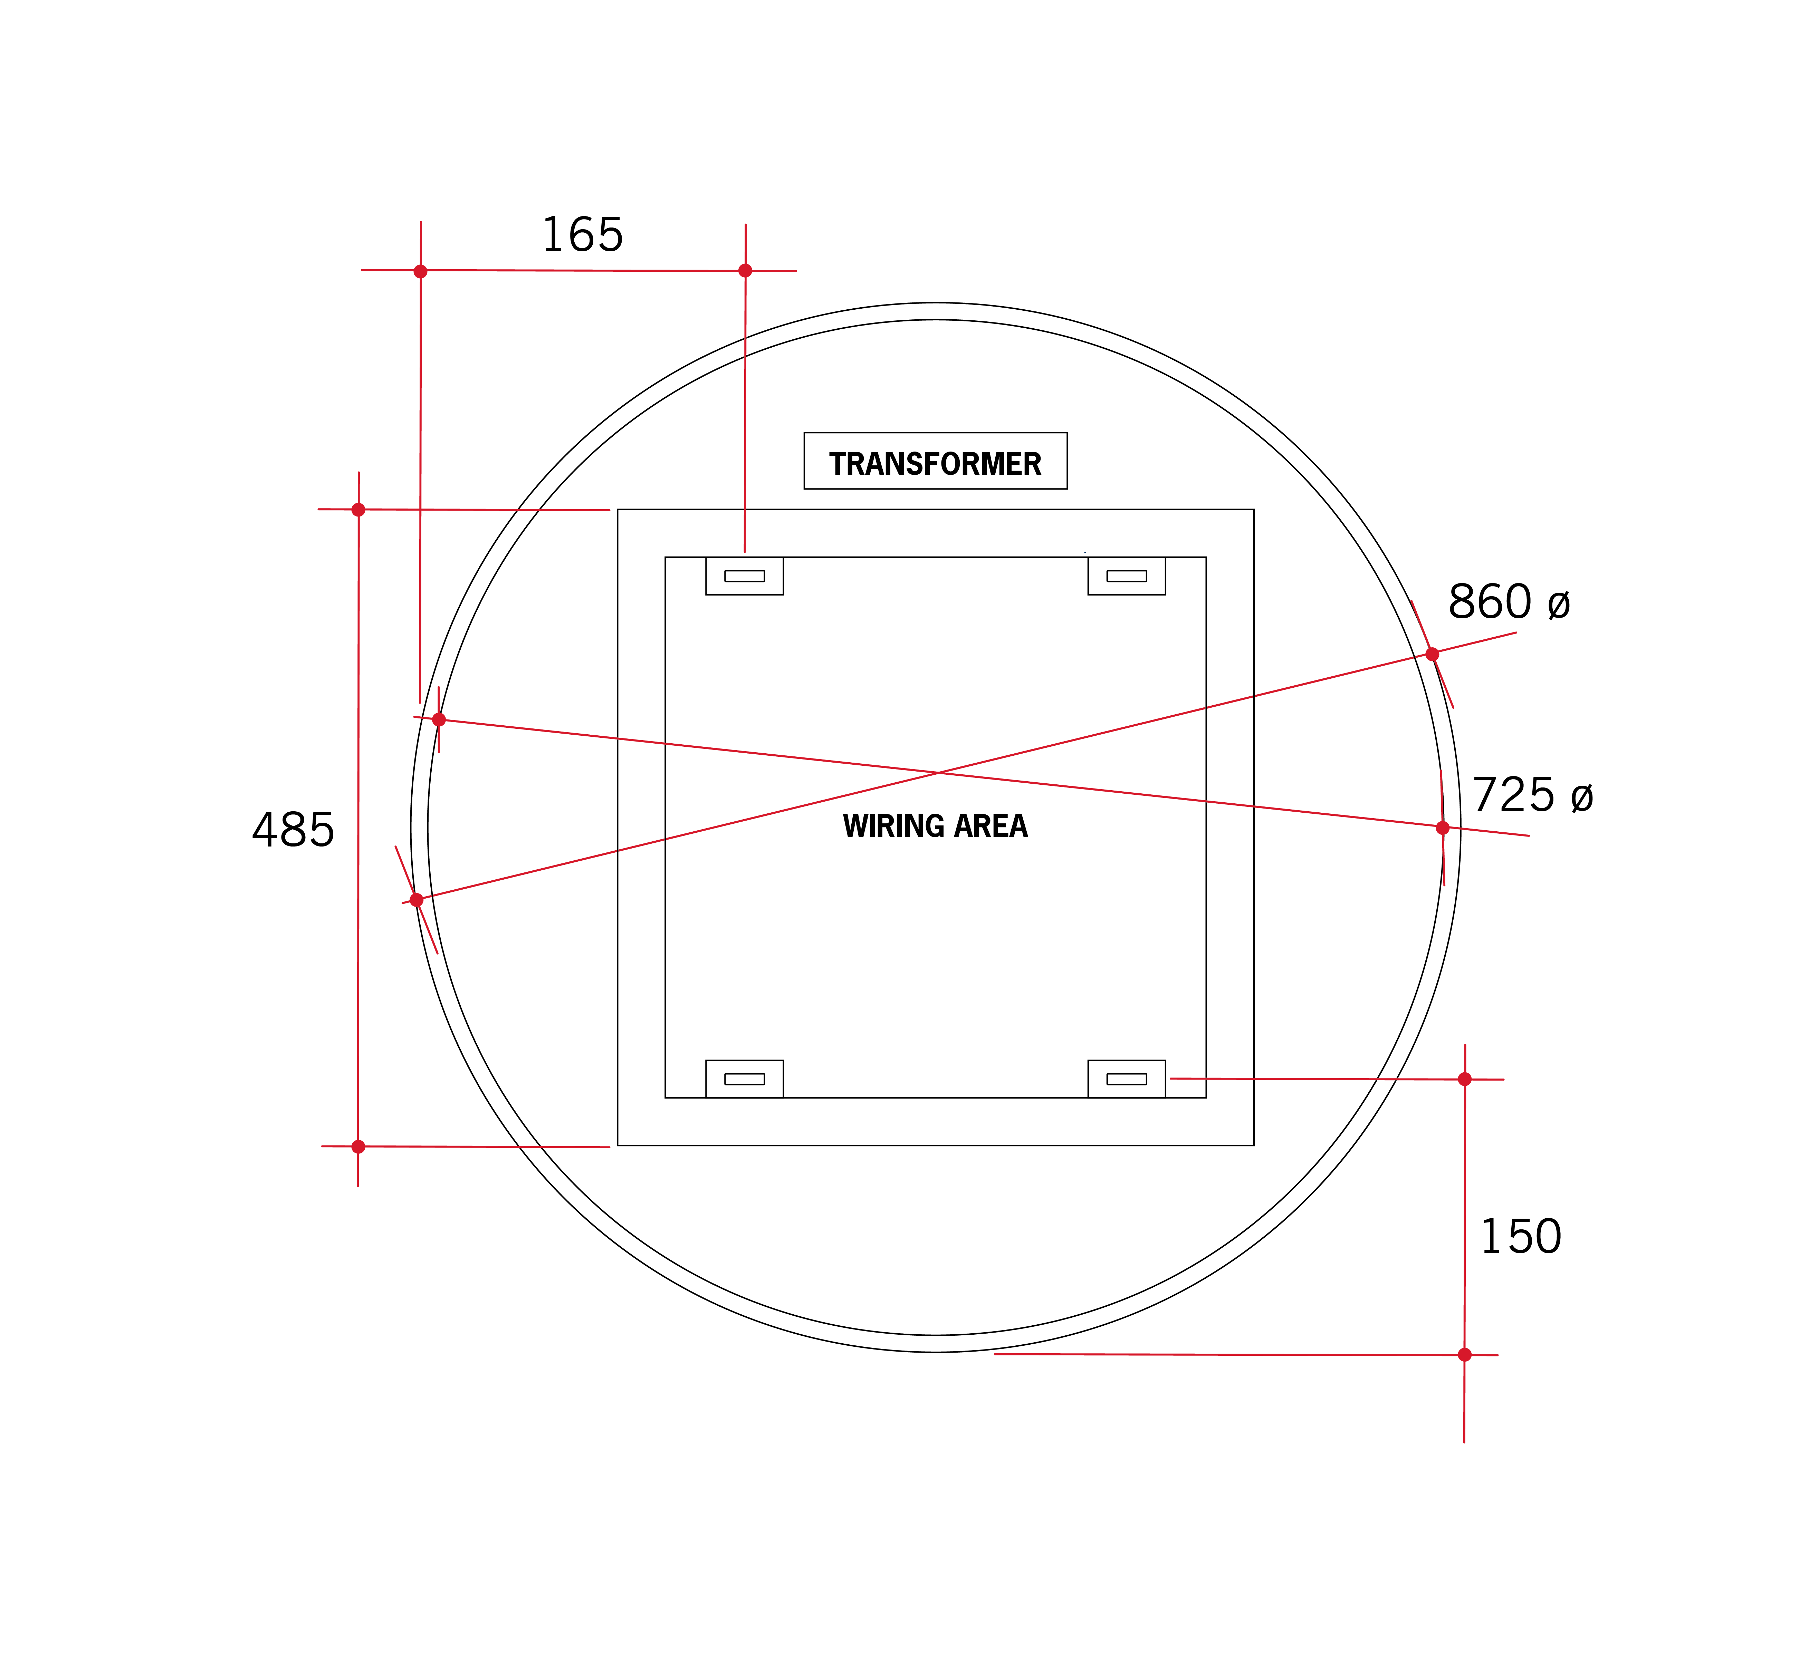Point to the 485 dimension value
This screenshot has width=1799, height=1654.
pyautogui.click(x=293, y=830)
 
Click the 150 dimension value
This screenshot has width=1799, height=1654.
pyautogui.click(x=1521, y=1237)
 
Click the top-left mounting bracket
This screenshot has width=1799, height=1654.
pyautogui.click(x=744, y=575)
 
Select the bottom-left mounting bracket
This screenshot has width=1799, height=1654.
pyautogui.click(x=744, y=1079)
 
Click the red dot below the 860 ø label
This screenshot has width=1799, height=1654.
pyautogui.click(x=1432, y=654)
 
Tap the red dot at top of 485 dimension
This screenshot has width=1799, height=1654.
pyautogui.click(x=358, y=510)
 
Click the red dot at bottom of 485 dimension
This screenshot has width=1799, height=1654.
pyautogui.click(x=358, y=1147)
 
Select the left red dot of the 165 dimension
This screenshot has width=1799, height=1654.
pyautogui.click(x=420, y=271)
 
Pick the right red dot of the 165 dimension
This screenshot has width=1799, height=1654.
pyautogui.click(x=745, y=270)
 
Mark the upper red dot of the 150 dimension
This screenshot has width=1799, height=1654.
pyautogui.click(x=1465, y=1080)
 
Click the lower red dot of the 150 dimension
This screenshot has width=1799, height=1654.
pyautogui.click(x=1465, y=1355)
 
